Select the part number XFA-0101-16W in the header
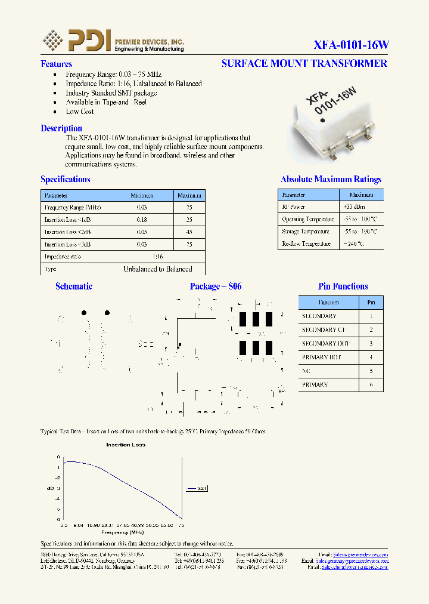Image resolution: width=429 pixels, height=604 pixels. coord(351,45)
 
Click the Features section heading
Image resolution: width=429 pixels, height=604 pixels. coord(56,64)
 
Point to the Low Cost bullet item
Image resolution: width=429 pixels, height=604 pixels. coord(79,112)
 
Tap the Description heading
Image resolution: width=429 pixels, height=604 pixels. coord(61,128)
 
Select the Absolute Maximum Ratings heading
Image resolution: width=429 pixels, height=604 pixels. coord(331,179)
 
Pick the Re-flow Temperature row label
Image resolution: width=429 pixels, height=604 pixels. coord(306,244)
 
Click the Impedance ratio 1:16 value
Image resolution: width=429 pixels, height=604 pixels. coord(157,257)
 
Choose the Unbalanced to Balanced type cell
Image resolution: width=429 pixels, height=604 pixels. coord(157,269)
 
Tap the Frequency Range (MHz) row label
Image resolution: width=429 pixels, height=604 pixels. coord(73,208)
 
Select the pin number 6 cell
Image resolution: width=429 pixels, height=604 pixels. coord(371,385)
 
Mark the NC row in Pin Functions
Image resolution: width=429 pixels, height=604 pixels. coord(307,371)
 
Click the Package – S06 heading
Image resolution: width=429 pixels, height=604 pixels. coord(216,286)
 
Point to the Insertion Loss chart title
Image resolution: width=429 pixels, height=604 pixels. coord(126,445)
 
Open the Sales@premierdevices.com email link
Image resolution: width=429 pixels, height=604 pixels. coord(360,554)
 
